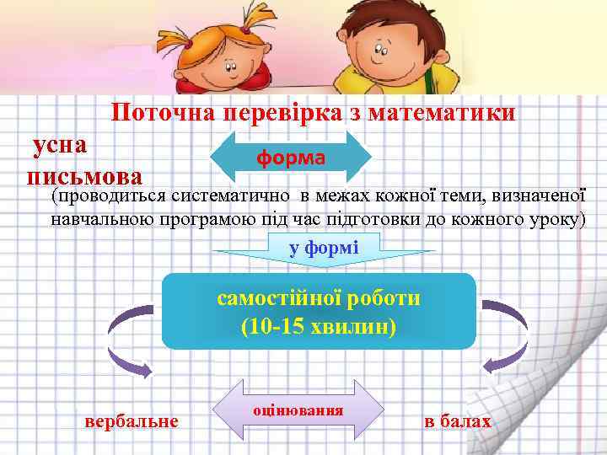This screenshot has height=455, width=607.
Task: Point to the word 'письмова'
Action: (x=84, y=176)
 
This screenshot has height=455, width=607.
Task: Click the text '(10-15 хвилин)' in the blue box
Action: (x=318, y=326)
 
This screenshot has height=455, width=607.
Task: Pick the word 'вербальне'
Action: (x=132, y=420)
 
